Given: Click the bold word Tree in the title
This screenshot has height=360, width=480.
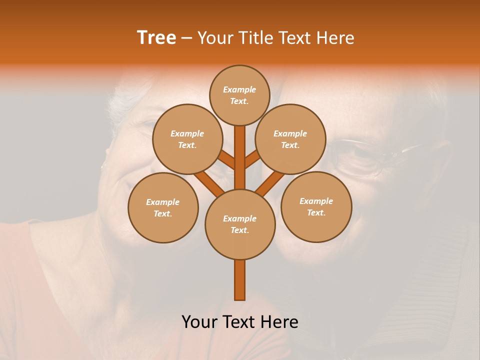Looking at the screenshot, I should (156, 37).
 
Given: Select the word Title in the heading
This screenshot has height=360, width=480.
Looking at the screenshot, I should (255, 38).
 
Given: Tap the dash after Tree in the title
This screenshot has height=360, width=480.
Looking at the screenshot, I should (186, 38).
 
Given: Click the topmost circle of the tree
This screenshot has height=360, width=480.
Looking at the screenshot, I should (239, 95).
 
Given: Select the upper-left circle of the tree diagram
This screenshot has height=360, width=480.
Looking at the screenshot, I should (187, 139).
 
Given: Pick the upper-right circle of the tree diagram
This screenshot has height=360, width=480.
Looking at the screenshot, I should (290, 139).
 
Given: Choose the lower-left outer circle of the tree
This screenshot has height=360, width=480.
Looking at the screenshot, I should (163, 207).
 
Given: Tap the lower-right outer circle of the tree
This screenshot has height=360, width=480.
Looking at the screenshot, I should (316, 206).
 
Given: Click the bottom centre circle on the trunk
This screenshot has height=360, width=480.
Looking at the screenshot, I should (240, 224).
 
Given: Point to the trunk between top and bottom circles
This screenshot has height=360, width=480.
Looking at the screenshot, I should (240, 157).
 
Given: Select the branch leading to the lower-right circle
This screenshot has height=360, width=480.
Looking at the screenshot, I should (270, 183).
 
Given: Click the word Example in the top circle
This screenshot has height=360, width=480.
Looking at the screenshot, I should (239, 89).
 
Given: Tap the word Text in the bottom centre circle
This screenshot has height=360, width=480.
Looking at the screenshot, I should (239, 230).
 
